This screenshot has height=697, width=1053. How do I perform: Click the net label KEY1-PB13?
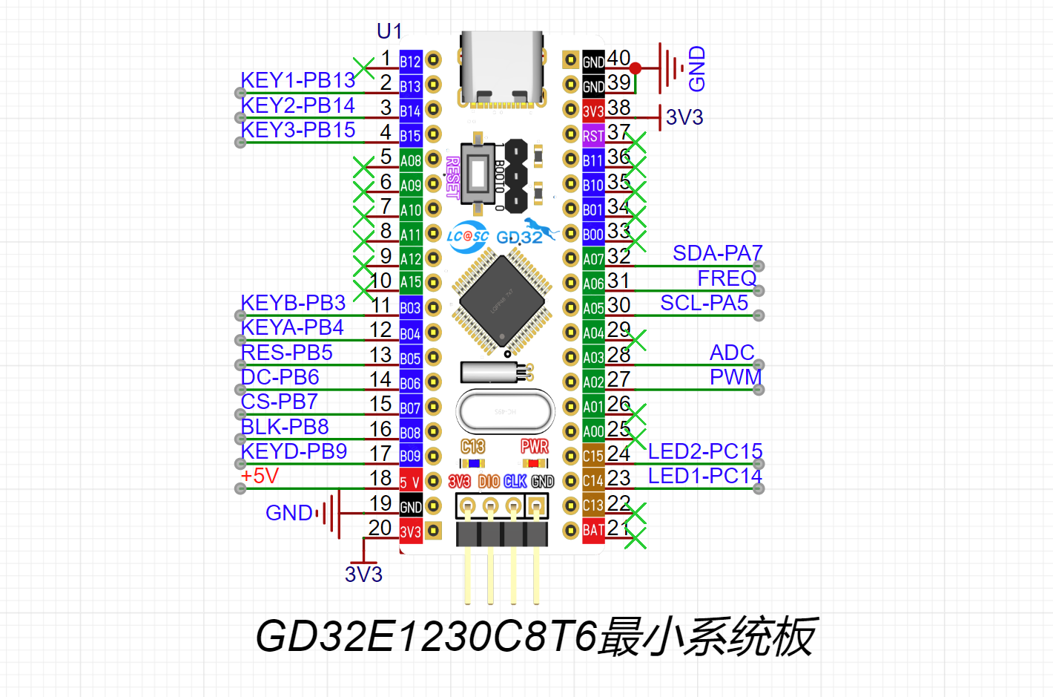tap(297, 80)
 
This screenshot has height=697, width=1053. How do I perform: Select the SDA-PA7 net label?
tap(717, 253)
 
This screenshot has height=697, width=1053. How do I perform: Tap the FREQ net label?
tap(727, 278)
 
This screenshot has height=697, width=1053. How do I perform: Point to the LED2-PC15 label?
tap(705, 451)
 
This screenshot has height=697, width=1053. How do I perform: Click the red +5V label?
tap(260, 476)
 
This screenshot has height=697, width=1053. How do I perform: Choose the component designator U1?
tap(389, 31)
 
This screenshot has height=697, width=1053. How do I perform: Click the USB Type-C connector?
tap(502, 68)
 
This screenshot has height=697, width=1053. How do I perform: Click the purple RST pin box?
tap(593, 136)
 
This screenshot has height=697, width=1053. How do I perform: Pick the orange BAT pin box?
tap(593, 530)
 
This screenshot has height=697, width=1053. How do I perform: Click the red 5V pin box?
tap(410, 482)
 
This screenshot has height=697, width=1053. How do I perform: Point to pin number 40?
tap(618, 58)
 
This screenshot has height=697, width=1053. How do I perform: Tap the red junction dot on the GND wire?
tap(636, 68)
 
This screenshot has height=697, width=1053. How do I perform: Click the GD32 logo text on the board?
tap(520, 238)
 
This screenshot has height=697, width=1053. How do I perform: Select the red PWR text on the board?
tap(534, 446)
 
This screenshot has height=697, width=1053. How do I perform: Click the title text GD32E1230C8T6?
tap(426, 636)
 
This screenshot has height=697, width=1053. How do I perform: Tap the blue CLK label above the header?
tap(515, 482)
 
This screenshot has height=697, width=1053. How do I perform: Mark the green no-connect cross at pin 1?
tap(363, 68)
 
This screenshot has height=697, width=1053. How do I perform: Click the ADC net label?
tap(732, 353)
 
